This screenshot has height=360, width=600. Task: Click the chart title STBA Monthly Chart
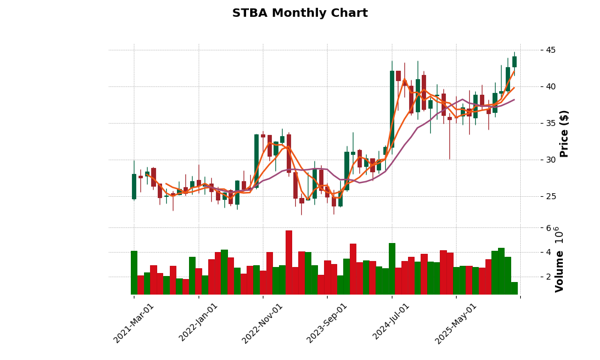click(300, 13)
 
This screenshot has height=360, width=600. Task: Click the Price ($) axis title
click(564, 133)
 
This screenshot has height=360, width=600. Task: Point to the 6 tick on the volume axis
click(532, 228)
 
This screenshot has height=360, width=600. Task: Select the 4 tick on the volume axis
click(532, 252)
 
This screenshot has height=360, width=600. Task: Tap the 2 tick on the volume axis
click(532, 277)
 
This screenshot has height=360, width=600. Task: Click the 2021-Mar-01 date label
click(134, 323)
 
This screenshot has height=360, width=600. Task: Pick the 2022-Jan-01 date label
click(199, 323)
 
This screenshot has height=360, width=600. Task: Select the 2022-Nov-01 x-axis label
click(263, 323)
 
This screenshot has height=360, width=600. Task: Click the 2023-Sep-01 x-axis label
click(327, 323)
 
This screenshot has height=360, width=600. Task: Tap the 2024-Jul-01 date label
click(391, 323)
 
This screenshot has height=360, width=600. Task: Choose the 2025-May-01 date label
click(456, 323)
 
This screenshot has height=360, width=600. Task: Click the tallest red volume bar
click(289, 262)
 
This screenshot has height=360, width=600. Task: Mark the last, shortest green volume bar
click(514, 288)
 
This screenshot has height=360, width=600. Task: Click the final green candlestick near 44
click(514, 61)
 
